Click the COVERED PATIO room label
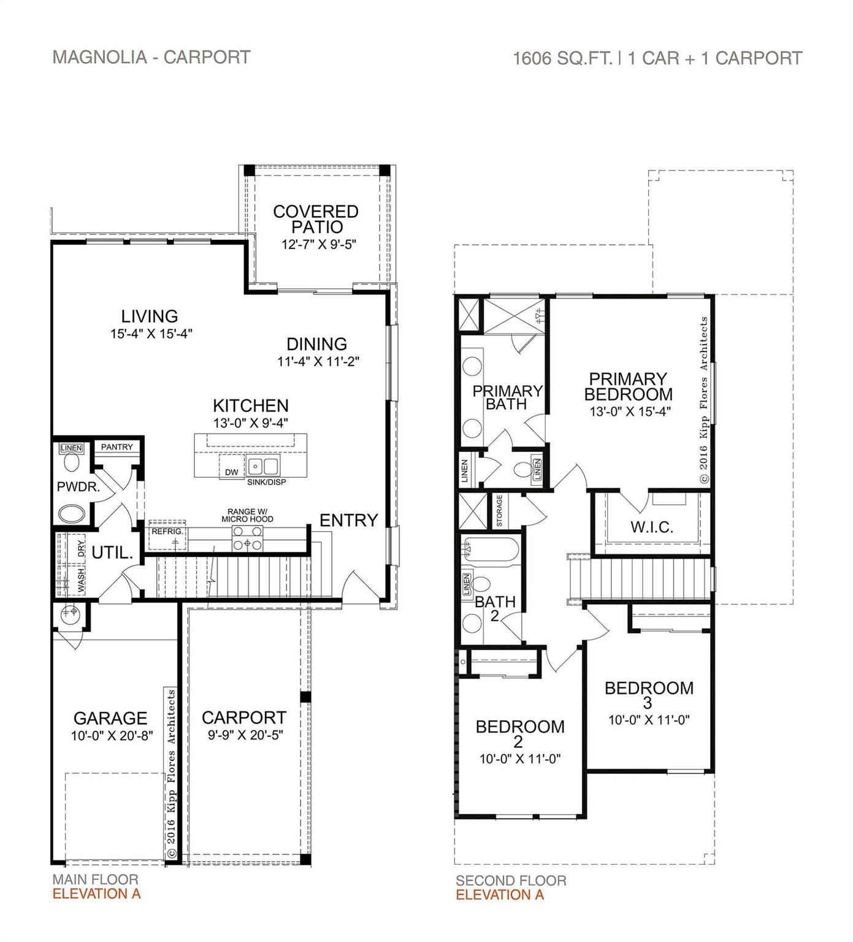click(315, 219)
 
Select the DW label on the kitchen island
click(231, 472)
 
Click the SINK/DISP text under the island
click(266, 482)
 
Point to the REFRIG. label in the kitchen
click(166, 531)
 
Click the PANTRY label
click(117, 447)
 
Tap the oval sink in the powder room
click(73, 513)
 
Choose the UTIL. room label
click(112, 553)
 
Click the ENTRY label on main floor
click(348, 520)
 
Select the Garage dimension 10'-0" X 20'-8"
click(111, 735)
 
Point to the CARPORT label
click(243, 717)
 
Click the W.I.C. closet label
click(651, 527)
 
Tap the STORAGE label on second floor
click(499, 511)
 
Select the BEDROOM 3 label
click(649, 694)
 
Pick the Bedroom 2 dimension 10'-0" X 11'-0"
click(519, 759)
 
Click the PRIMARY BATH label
click(507, 397)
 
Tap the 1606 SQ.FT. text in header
click(562, 58)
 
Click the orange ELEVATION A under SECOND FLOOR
click(499, 895)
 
